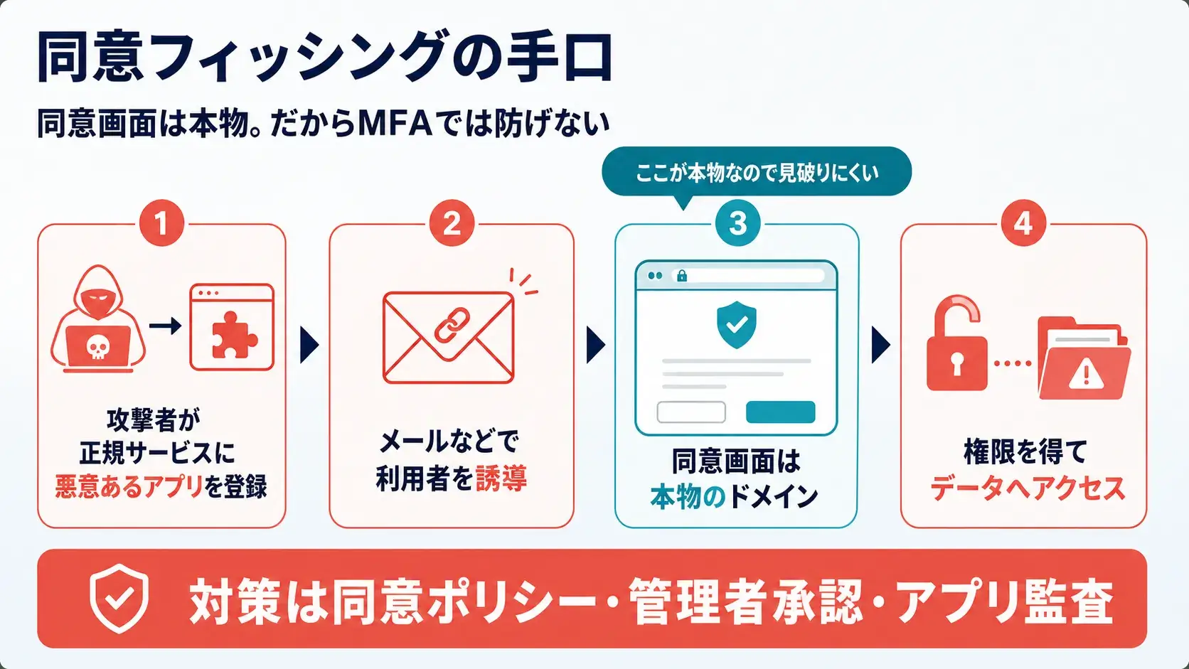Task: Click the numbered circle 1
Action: pyautogui.click(x=162, y=223)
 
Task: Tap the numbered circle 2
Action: pyautogui.click(x=452, y=223)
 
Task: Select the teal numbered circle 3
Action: pyautogui.click(x=737, y=223)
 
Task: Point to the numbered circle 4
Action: pyautogui.click(x=1023, y=223)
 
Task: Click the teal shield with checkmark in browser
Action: pyautogui.click(x=736, y=325)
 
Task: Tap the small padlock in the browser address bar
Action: pyautogui.click(x=682, y=276)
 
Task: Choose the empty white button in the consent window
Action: pyautogui.click(x=691, y=412)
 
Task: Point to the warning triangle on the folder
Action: pyautogui.click(x=1086, y=375)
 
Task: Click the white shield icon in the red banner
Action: pyautogui.click(x=119, y=599)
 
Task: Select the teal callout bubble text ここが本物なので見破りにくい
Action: pyautogui.click(x=757, y=173)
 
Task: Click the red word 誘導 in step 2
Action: pyautogui.click(x=501, y=478)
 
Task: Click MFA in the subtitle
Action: pyautogui.click(x=395, y=124)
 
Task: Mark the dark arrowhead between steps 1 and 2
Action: pyautogui.click(x=309, y=345)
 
